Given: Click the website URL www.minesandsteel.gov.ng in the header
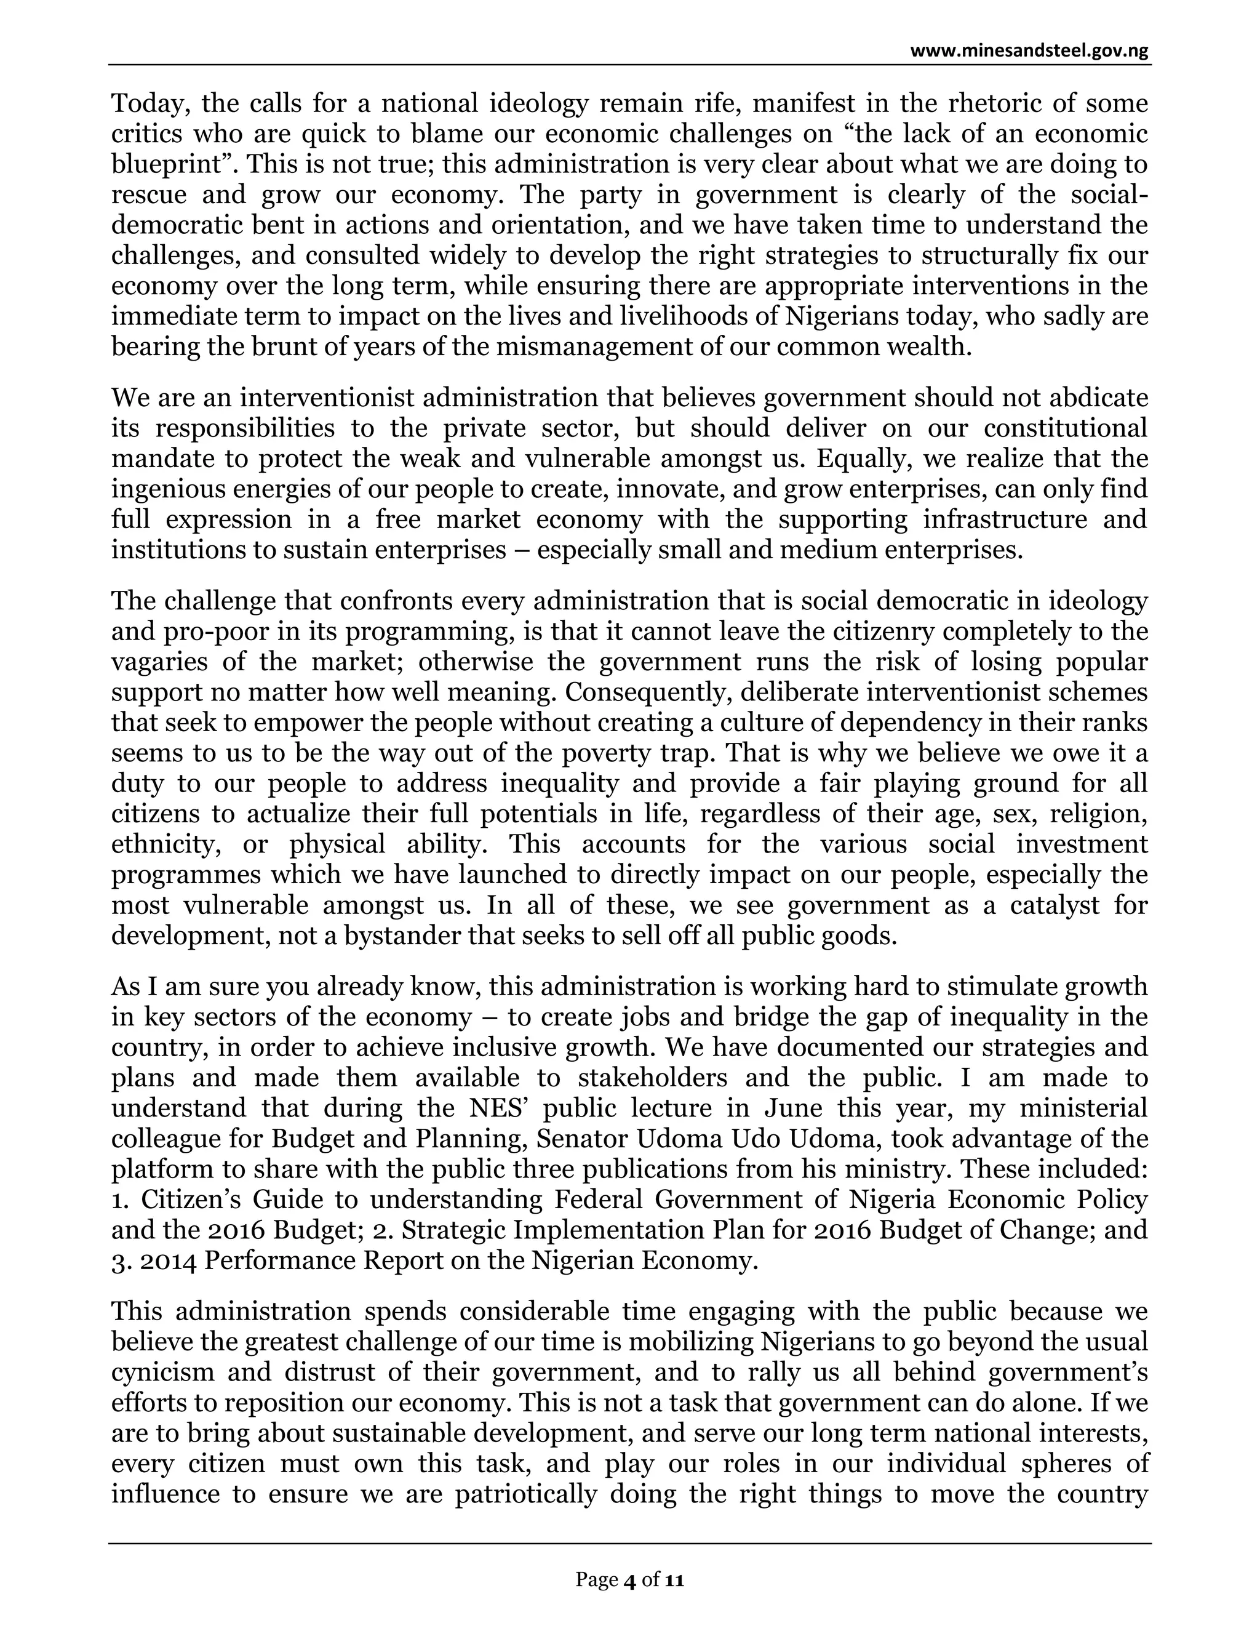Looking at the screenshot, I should point(1029,52).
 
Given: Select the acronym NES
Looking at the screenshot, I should point(494,1107).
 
